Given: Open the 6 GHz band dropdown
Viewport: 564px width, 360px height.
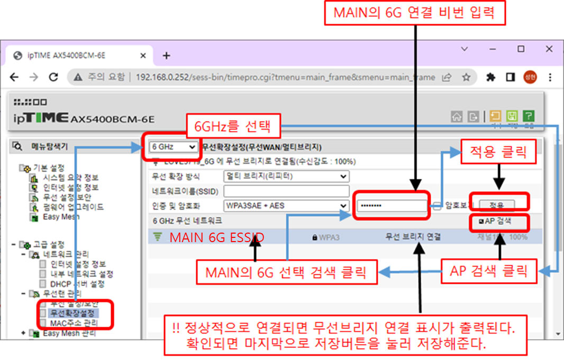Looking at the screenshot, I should (x=173, y=147).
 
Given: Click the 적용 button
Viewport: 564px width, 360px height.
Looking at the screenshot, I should (x=497, y=205).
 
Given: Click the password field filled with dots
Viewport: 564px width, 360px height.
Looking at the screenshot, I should (x=391, y=205).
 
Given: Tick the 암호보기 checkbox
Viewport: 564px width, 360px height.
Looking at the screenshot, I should (x=437, y=206).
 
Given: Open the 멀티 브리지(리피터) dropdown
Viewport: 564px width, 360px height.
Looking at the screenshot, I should (x=286, y=176).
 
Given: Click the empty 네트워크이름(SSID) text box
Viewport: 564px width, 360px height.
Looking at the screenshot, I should (x=286, y=191).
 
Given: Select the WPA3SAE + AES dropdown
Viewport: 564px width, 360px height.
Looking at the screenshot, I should (x=286, y=205).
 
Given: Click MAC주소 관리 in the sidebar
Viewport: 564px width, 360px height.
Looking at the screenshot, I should (x=74, y=323).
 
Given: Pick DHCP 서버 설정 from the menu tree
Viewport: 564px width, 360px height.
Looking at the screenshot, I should (x=80, y=284).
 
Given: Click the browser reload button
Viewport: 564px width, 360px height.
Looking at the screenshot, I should (x=53, y=77).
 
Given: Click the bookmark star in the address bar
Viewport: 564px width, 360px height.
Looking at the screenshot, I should (x=466, y=77).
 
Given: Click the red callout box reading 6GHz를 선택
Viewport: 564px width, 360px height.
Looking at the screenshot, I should (x=232, y=126).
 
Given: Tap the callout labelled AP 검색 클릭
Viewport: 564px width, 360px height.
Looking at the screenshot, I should (x=489, y=271).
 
